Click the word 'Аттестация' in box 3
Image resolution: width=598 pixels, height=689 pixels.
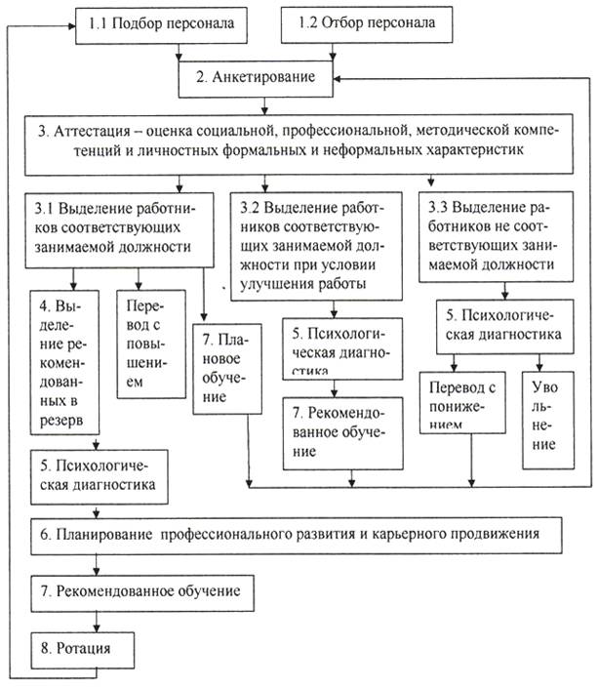106,131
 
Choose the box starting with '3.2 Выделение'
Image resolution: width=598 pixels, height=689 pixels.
314,244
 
